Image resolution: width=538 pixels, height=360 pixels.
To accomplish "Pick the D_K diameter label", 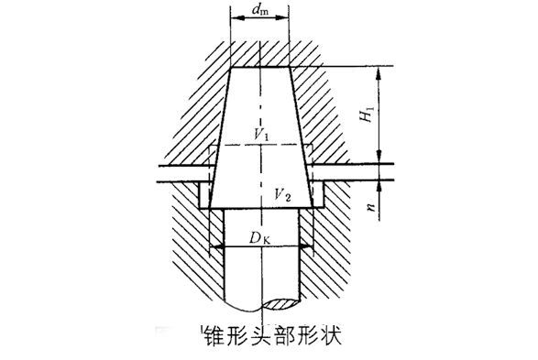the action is (x=260, y=238).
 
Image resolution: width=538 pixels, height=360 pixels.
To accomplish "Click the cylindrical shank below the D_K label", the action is (x=261, y=275).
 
